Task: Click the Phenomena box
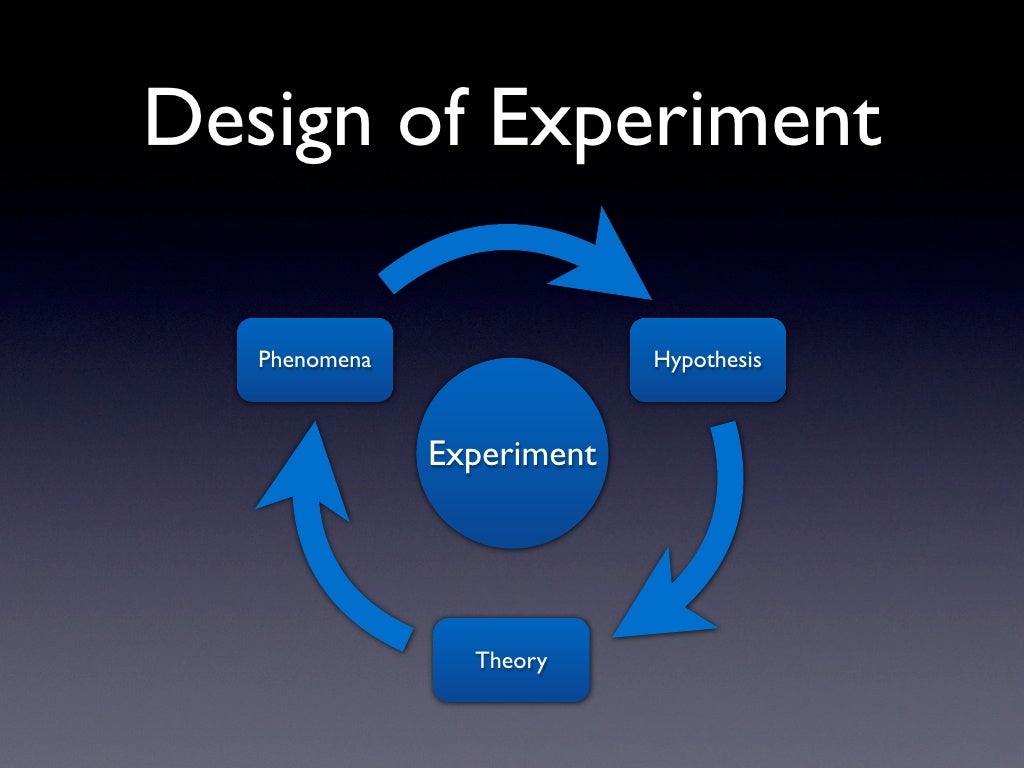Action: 314,360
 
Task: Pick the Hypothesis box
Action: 707,360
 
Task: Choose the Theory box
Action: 511,660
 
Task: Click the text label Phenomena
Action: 314,360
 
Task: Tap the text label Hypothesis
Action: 707,360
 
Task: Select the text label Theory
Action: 511,661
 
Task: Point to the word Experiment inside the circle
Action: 512,455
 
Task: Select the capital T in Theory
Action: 482,660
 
